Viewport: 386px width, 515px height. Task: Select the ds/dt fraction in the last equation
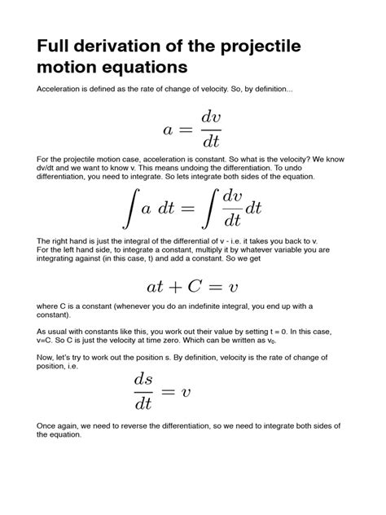click(x=143, y=391)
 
